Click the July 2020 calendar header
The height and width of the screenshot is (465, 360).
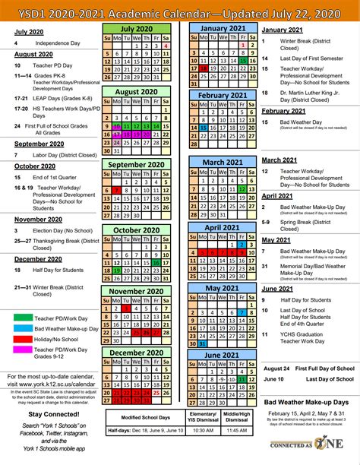tap(137, 27)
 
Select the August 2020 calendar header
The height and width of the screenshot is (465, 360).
tap(137, 92)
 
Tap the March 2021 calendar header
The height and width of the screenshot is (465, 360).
tap(222, 162)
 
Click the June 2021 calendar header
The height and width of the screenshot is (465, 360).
tap(222, 355)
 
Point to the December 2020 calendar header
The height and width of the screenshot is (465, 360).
tap(137, 353)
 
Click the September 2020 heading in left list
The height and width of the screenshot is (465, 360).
tap(39, 144)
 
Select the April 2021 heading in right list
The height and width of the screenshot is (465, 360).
tap(278, 196)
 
